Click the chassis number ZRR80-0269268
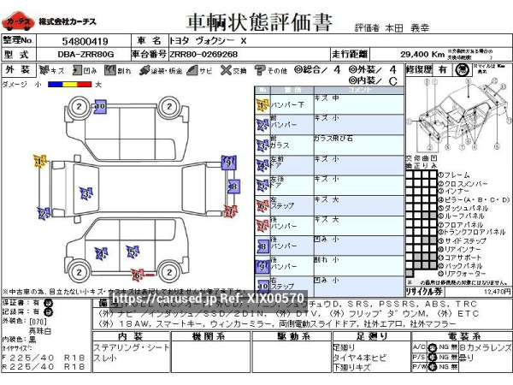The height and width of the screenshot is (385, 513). point(203,54)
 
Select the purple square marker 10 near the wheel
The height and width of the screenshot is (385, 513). point(100,106)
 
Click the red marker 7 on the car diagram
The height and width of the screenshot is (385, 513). point(137,275)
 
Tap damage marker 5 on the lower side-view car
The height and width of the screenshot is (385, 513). point(133,251)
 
